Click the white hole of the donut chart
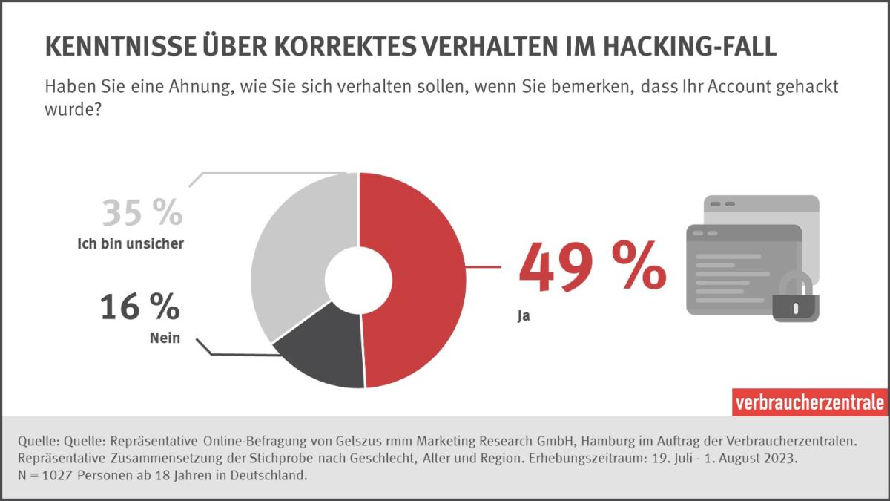(x=358, y=280)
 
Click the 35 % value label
(x=142, y=213)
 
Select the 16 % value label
(x=139, y=307)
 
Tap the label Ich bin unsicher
(x=130, y=243)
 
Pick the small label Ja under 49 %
(x=524, y=315)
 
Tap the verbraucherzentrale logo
(x=809, y=402)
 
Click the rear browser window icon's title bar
(x=762, y=203)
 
